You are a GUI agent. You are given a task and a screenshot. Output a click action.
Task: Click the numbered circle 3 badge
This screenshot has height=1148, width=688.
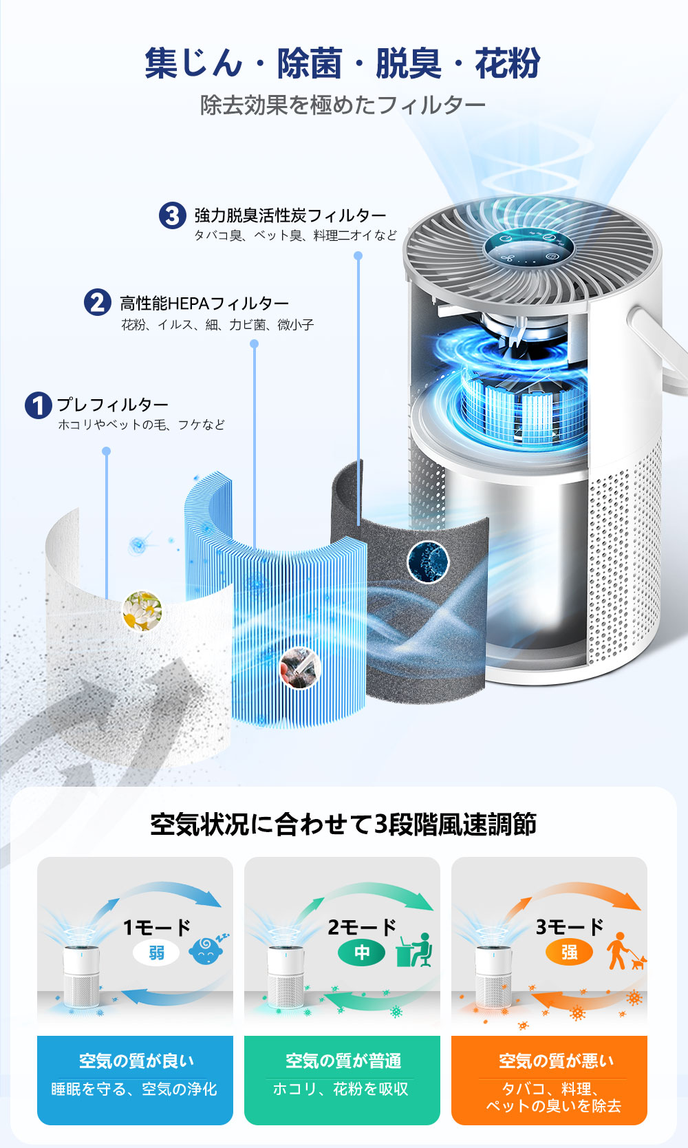[x=173, y=215]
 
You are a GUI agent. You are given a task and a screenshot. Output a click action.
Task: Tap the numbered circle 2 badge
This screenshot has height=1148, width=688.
[x=98, y=302]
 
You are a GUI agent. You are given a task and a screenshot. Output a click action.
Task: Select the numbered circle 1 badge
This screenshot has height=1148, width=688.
[x=38, y=405]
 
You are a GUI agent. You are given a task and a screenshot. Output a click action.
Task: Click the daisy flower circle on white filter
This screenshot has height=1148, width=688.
[x=142, y=610]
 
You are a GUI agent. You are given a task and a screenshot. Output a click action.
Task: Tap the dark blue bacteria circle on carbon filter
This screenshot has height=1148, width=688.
[x=428, y=561]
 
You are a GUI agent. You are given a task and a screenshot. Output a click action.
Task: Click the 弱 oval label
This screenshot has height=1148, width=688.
[x=156, y=953]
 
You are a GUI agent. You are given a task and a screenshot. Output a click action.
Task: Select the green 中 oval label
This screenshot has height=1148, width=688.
[x=361, y=952]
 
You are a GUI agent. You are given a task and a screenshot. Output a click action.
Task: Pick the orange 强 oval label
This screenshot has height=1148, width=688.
[x=569, y=952]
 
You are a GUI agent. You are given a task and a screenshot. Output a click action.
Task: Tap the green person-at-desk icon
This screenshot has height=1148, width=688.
[x=414, y=950]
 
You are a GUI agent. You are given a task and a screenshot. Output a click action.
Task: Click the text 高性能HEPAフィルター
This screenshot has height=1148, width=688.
[x=204, y=304]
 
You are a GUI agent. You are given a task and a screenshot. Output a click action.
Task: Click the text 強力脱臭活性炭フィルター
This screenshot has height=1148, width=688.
[x=290, y=215]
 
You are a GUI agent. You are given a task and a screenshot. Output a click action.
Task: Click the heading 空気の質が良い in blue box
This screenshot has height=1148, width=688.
[x=136, y=1061]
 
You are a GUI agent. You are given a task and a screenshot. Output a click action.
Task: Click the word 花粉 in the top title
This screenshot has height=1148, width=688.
[x=507, y=64]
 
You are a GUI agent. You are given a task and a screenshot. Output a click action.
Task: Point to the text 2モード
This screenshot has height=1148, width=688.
[x=362, y=927]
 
